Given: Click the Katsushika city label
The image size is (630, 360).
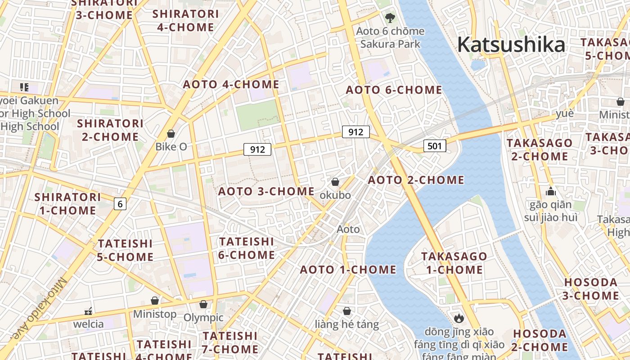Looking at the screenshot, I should [511, 45].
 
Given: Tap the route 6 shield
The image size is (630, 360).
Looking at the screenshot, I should [120, 204].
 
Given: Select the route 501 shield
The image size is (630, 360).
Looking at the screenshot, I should [435, 145].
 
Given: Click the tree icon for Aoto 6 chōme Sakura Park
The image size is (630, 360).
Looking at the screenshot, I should [390, 18].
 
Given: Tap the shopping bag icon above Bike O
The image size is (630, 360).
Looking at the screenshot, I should [171, 134].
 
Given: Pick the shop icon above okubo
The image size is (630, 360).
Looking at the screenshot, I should [335, 182].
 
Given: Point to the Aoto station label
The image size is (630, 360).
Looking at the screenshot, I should [348, 229].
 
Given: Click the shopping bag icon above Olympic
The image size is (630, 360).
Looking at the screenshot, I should [203, 305].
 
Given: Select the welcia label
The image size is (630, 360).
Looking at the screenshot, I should [88, 324].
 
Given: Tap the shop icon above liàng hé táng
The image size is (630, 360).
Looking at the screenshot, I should [346, 311].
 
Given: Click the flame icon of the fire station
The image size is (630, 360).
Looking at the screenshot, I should [459, 319].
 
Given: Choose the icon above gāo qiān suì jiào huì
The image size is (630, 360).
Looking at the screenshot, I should [550, 191].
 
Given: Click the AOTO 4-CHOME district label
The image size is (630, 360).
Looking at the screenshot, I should [231, 84].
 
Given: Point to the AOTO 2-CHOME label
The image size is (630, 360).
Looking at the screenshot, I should [416, 180].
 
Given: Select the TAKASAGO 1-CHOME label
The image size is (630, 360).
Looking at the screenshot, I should [454, 263].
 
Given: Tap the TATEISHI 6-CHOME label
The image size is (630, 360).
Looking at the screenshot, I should [247, 248].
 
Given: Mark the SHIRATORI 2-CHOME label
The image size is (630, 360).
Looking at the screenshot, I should [110, 130].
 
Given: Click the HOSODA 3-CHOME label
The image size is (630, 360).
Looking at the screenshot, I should [591, 289].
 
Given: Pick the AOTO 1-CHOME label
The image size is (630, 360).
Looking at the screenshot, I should [348, 270].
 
